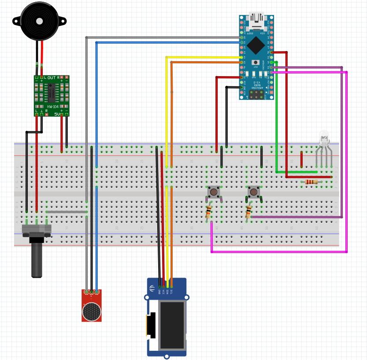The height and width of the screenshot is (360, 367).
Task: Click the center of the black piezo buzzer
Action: tap(39, 21)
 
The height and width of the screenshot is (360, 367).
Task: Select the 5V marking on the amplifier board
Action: tap(57, 114)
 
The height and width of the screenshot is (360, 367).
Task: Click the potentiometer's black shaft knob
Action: tap(37, 260)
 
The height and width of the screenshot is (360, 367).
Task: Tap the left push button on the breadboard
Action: tap(214, 192)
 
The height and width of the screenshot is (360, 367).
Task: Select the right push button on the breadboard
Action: tap(253, 192)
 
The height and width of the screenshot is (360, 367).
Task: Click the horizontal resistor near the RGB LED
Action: tap(311, 182)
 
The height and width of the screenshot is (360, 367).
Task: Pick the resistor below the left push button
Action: tap(209, 213)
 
